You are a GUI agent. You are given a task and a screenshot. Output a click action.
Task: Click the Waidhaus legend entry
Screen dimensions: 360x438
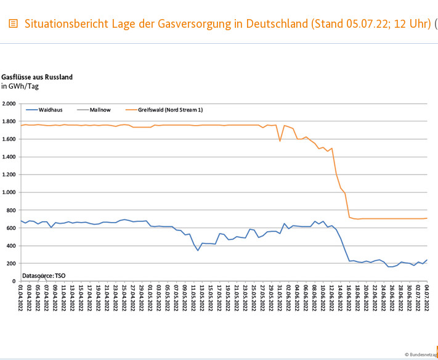(x=50, y=110)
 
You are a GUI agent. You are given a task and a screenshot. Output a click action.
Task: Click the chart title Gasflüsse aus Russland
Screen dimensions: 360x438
(x=37, y=77)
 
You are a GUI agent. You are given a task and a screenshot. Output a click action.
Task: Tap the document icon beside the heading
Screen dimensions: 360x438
(x=13, y=24)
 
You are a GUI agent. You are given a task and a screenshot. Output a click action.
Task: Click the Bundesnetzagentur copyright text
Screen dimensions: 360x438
(x=422, y=354)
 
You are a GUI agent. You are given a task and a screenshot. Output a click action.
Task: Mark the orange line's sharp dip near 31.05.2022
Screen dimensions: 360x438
(x=280, y=141)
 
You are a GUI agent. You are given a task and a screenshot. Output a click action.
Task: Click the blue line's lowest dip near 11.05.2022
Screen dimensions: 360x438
(x=198, y=250)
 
